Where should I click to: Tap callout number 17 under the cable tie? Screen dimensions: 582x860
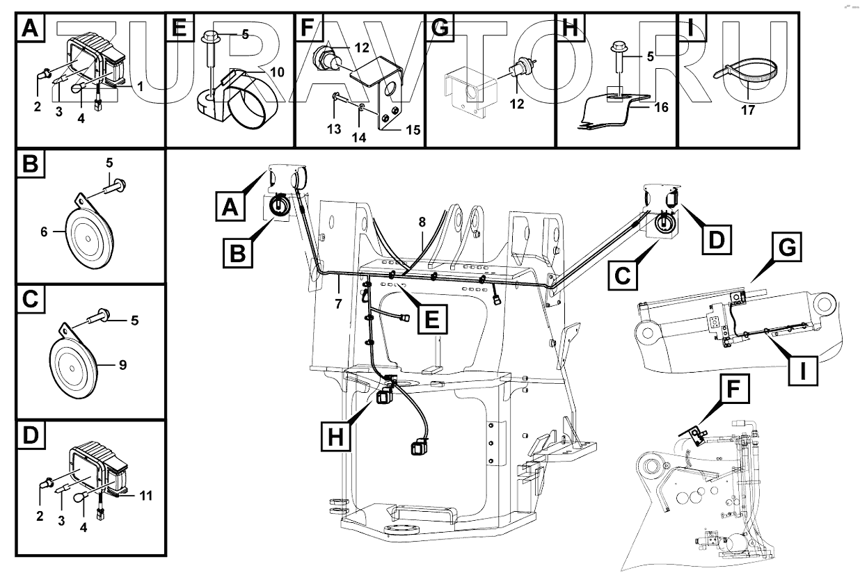(748, 109)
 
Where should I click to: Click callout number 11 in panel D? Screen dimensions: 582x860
(145, 496)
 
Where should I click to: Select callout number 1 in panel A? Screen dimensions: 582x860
(140, 87)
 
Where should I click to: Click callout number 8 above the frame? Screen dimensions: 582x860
(422, 222)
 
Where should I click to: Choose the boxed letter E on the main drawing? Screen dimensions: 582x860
(431, 320)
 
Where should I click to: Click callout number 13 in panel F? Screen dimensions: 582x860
(334, 129)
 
